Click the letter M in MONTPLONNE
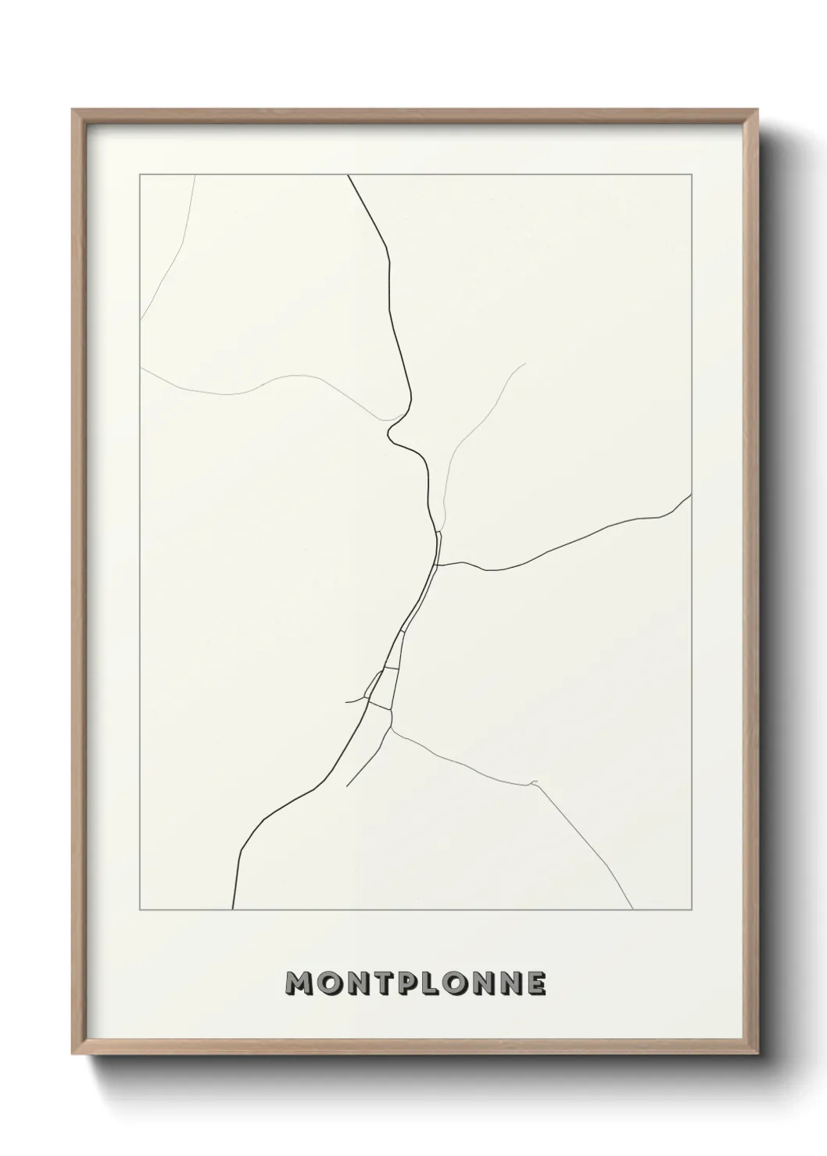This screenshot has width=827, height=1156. [300, 983]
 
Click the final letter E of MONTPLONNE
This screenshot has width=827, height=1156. [535, 983]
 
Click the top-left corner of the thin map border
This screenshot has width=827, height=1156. [140, 175]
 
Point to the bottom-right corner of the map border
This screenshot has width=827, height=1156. [691, 910]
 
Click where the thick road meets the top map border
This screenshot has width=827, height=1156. [348, 176]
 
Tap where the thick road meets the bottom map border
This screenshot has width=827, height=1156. [233, 909]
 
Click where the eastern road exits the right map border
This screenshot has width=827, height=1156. [691, 494]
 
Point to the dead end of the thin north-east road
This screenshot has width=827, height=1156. [524, 363]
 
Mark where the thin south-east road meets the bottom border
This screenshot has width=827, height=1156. [632, 909]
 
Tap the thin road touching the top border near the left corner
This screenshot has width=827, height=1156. [194, 176]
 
